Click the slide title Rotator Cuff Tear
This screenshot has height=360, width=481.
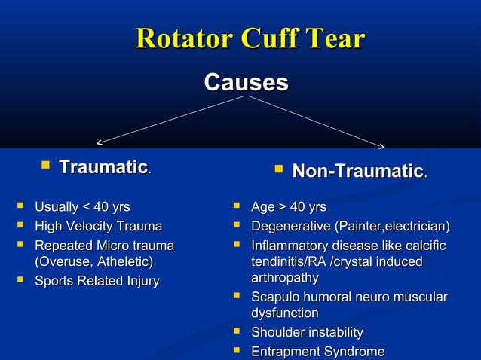point(250,39)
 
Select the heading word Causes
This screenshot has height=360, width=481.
point(246,82)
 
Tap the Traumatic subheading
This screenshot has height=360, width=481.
point(103,166)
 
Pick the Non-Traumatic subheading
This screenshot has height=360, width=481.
point(357,172)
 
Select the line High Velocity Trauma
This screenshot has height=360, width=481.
point(98,227)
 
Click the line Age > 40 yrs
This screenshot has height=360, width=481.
point(288,207)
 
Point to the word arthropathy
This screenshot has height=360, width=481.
point(284,278)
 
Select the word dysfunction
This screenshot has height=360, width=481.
point(284,313)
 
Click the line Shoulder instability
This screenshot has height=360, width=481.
point(306,333)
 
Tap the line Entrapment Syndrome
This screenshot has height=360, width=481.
point(317,352)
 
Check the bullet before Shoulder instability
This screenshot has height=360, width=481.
point(237,331)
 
